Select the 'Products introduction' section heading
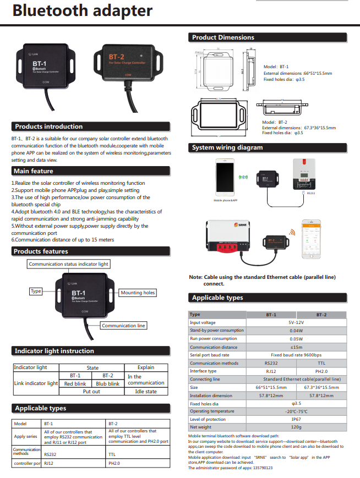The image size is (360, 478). click(49, 127)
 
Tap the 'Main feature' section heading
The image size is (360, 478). click(34, 171)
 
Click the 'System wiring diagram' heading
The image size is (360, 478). click(227, 147)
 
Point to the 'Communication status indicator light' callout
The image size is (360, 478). click(69, 264)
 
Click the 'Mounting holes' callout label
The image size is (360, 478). click(138, 293)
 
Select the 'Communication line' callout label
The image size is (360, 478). click(123, 326)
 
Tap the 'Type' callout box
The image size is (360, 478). click(36, 291)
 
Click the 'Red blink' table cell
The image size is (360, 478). click(75, 383)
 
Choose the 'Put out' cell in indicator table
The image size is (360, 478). click(91, 392)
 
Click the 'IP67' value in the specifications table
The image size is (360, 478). click(296, 419)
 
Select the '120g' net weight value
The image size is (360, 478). click(296, 427)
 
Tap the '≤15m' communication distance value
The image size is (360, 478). click(296, 347)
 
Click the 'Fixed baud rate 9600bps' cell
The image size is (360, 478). click(296, 355)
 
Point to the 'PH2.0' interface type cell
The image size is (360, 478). click(321, 371)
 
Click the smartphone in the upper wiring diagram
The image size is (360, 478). click(224, 178)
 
